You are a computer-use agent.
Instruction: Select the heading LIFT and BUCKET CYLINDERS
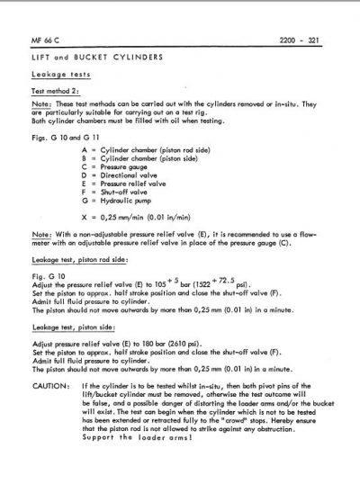103,58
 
